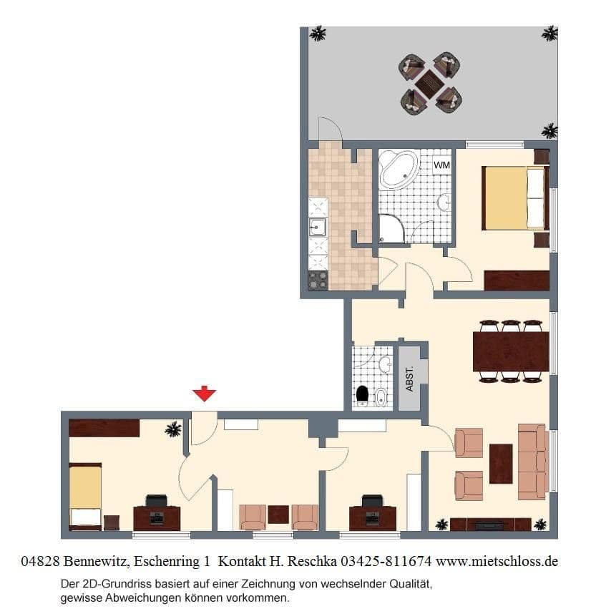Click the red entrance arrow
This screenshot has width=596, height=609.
click(205, 393)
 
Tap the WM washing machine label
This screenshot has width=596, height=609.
click(441, 165)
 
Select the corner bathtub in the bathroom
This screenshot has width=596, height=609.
click(397, 169)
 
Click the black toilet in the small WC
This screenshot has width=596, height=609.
click(363, 394)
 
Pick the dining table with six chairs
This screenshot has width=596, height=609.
click(510, 351)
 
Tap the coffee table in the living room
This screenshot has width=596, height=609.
click(500, 464)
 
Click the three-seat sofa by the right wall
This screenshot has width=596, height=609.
click(532, 461)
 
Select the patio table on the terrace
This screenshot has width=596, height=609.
click(429, 84)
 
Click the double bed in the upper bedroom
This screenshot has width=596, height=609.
click(515, 198)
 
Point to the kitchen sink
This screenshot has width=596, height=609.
click(317, 228)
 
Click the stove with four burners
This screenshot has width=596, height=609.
click(318, 280)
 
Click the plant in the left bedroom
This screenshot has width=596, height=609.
click(173, 429)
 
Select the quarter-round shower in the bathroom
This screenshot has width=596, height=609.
click(391, 228)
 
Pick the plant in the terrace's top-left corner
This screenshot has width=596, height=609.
click(318, 34)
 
